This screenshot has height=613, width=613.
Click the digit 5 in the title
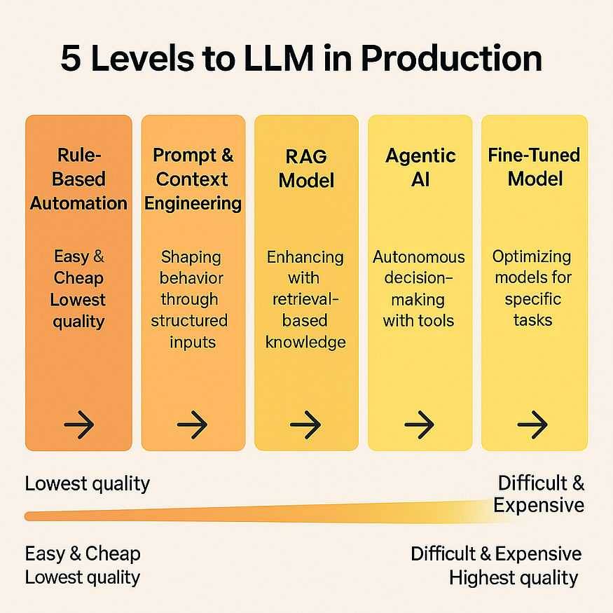tap(71, 59)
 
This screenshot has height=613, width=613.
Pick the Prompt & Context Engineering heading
tap(193, 179)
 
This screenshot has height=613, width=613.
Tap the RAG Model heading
tap(306, 168)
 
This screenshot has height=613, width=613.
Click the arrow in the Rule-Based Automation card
tap(78, 424)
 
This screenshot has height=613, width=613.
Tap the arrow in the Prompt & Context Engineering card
tap(193, 424)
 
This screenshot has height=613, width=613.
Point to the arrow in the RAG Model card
tap(306, 424)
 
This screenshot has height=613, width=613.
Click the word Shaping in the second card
tap(192, 256)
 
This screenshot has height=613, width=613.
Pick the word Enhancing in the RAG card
tap(305, 256)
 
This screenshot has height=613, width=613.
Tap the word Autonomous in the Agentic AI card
tap(419, 256)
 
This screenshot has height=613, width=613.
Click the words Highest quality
tap(514, 578)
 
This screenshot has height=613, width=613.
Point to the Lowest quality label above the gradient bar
tap(88, 483)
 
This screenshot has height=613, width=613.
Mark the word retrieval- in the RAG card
tap(305, 299)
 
